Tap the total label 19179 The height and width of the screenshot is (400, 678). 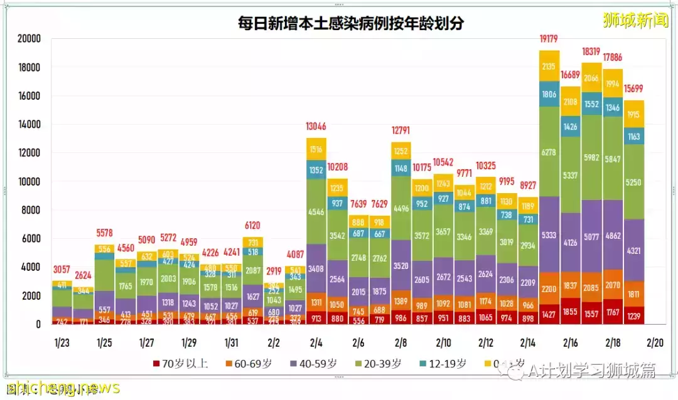(x=549, y=39)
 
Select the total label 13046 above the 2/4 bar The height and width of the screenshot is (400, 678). (x=316, y=127)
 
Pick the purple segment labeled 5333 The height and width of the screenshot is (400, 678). (x=549, y=235)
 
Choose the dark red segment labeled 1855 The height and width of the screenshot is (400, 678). (x=571, y=312)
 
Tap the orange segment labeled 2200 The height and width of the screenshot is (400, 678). (x=549, y=289)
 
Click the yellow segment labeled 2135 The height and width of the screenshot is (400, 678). (x=549, y=66)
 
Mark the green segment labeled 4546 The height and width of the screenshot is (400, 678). (x=316, y=212)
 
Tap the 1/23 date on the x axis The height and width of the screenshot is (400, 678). (x=62, y=343)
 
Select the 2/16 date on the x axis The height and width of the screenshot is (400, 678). (x=571, y=343)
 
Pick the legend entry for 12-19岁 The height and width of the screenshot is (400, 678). (x=444, y=364)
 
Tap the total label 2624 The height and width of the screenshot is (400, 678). (x=83, y=275)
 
